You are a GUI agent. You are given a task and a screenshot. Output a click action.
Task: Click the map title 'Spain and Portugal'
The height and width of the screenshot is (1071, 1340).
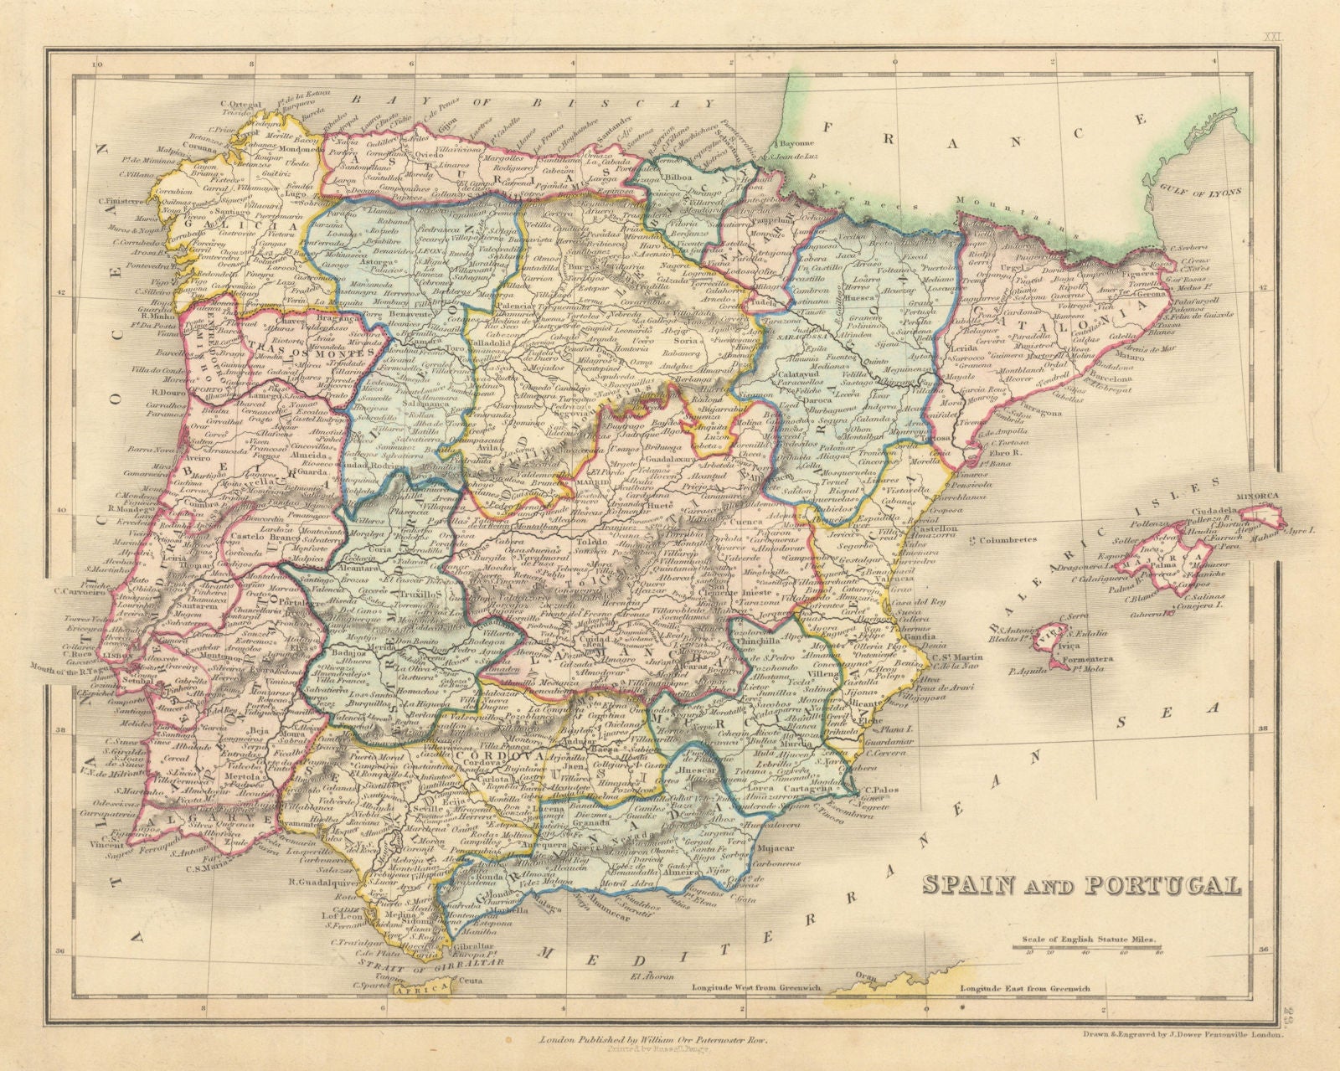pos(1080,885)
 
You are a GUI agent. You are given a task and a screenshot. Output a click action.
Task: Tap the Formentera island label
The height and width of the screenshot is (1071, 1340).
pos(1082,660)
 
